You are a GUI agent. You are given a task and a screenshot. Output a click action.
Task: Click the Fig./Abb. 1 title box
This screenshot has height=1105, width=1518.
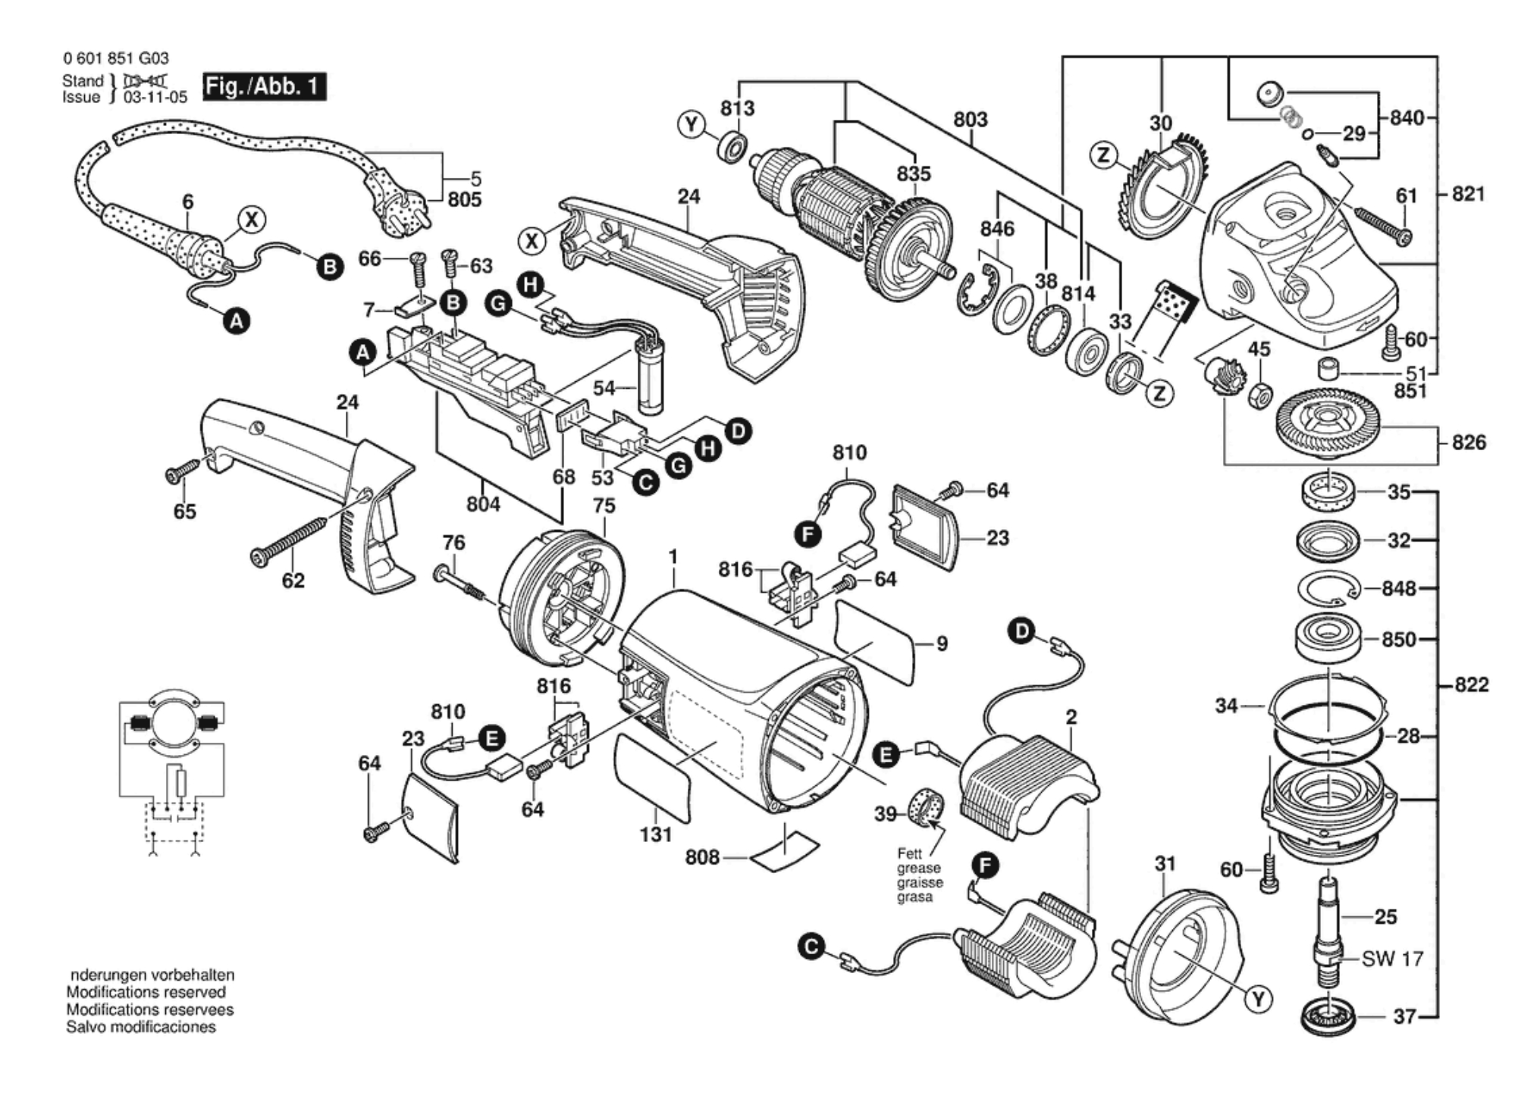click(x=264, y=86)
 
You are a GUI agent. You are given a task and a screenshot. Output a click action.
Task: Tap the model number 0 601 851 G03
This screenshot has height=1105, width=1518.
click(x=116, y=58)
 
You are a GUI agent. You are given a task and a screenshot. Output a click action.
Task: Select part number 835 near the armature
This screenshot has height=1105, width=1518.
click(x=913, y=174)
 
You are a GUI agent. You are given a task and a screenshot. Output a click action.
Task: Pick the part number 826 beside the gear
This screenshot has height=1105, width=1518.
click(x=1468, y=442)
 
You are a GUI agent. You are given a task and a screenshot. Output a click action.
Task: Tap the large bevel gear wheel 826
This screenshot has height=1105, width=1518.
click(x=1327, y=422)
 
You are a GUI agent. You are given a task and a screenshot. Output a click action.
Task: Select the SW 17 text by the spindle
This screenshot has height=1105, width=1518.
click(x=1392, y=959)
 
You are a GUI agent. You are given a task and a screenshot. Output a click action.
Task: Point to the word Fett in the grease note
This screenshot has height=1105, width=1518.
click(x=909, y=853)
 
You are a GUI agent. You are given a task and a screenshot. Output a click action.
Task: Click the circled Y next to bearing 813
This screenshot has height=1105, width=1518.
click(x=691, y=124)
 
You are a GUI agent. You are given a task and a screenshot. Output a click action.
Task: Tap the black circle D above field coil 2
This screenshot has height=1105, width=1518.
click(x=1022, y=631)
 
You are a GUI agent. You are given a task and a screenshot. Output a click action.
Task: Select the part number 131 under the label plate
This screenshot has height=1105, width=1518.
click(x=655, y=834)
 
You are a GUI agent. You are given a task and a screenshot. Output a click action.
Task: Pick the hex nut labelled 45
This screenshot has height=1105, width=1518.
click(x=1259, y=396)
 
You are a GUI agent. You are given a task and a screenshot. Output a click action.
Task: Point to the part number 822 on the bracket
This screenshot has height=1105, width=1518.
click(x=1471, y=685)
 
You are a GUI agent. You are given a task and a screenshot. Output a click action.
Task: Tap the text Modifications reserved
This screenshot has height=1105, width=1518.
click(x=146, y=992)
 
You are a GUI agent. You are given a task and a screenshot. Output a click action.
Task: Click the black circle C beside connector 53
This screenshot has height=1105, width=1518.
click(x=645, y=482)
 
